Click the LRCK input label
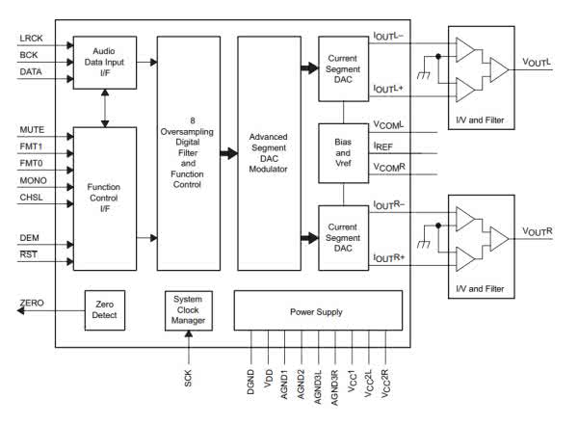30,39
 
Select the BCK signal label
28,57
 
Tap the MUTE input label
31,130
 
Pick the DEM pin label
29,238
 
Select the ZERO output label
31,305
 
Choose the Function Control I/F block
104,199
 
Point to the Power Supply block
316,312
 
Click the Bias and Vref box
344,151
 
